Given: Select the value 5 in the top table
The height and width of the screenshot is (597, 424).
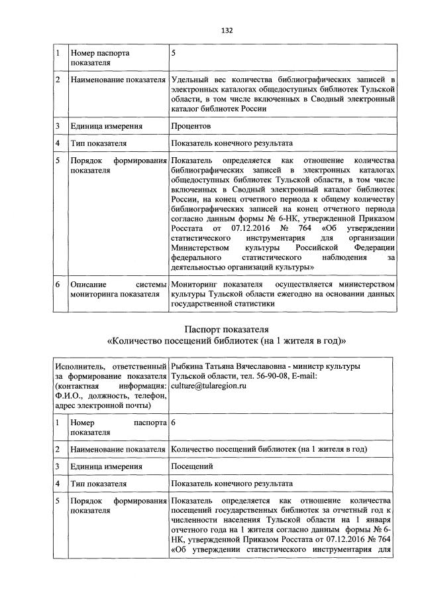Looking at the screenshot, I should (x=174, y=52).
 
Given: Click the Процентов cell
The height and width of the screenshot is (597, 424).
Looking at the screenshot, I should (x=191, y=125).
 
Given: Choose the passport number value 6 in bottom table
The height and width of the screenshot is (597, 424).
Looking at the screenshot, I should (x=174, y=423).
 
